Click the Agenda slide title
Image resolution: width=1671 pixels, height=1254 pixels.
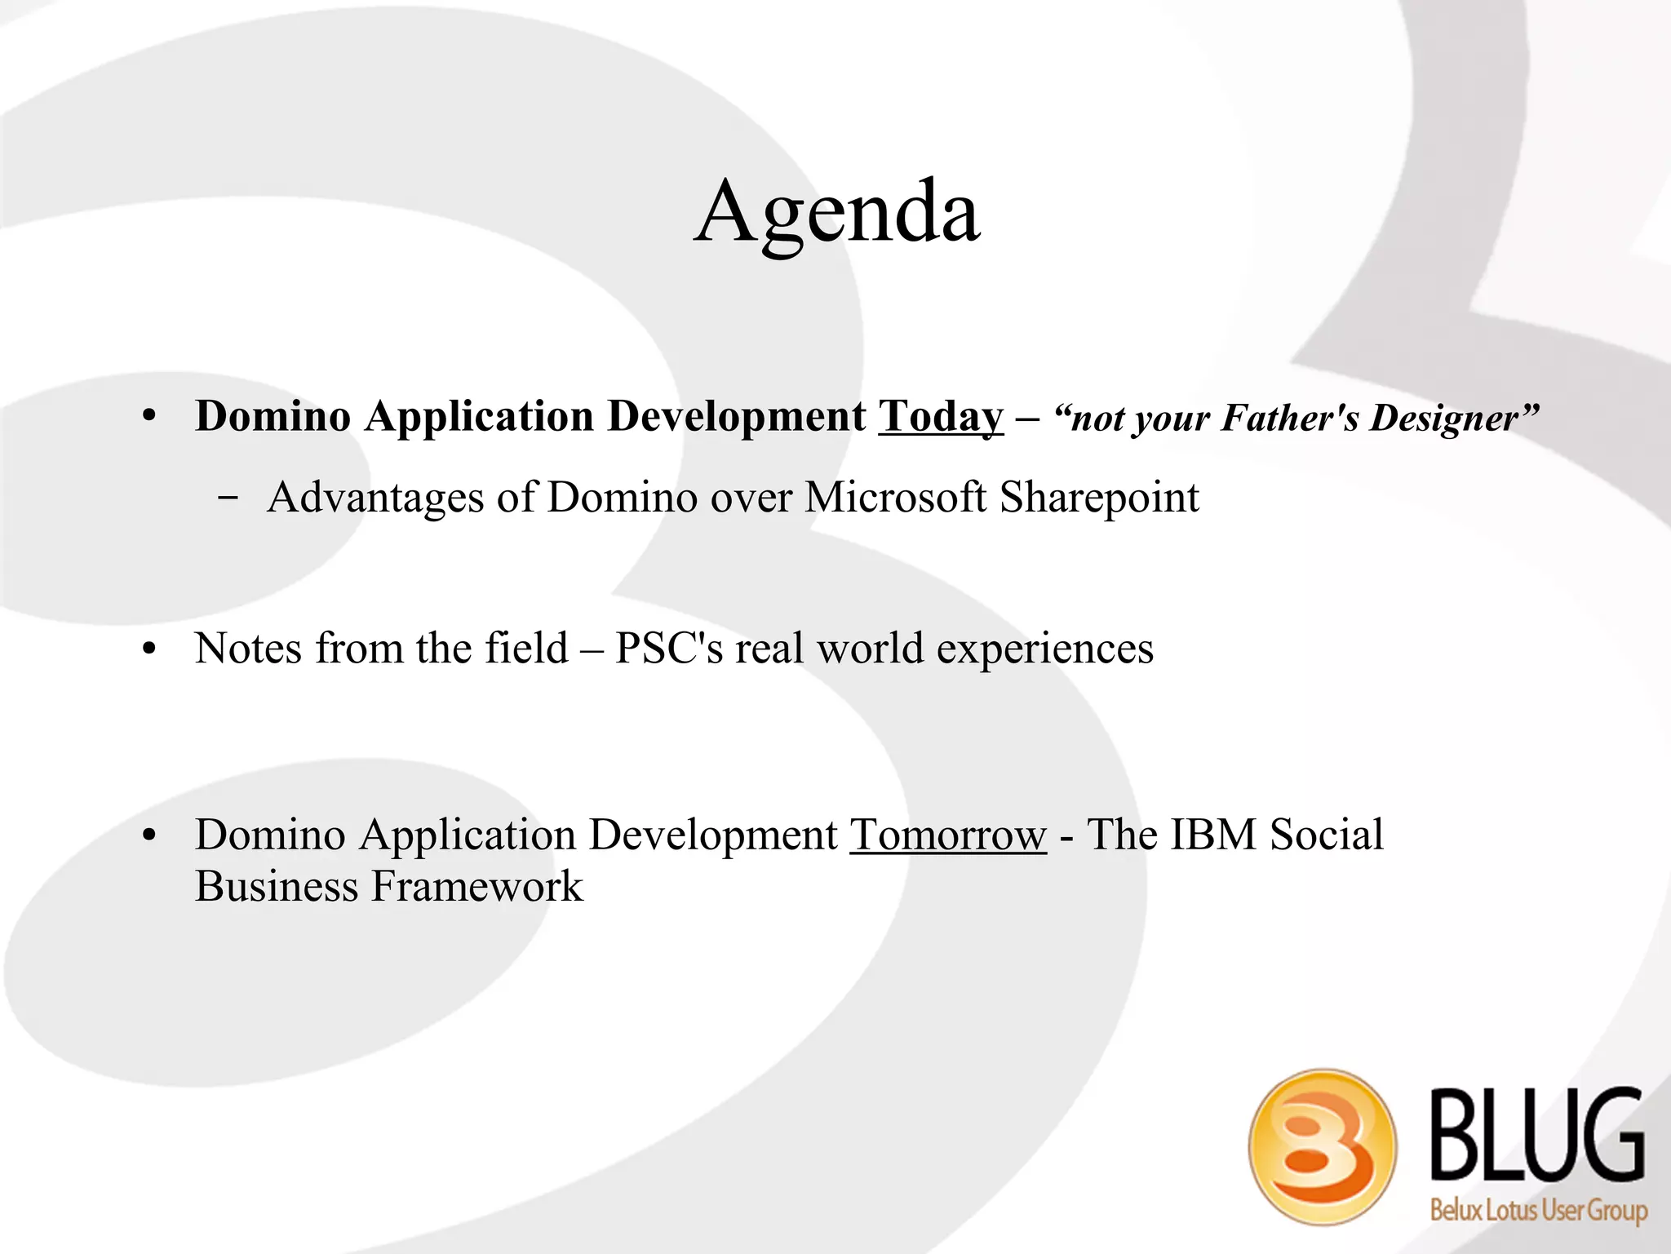(x=836, y=212)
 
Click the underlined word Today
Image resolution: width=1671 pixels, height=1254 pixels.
(x=940, y=417)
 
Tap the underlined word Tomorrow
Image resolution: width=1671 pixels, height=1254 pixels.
(x=947, y=835)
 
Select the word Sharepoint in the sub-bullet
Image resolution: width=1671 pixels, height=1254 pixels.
(x=1099, y=498)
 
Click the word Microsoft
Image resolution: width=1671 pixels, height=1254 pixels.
(x=895, y=498)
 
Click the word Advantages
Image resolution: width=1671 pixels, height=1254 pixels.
(x=375, y=498)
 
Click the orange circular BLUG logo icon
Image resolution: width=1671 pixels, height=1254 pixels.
(x=1322, y=1146)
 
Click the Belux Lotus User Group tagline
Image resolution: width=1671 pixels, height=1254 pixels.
(x=1538, y=1209)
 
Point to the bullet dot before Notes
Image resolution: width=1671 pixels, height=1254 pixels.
(x=148, y=651)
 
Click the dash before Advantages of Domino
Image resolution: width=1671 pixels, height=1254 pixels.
(x=228, y=497)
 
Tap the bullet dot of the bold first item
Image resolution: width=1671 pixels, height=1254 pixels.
(x=148, y=417)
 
